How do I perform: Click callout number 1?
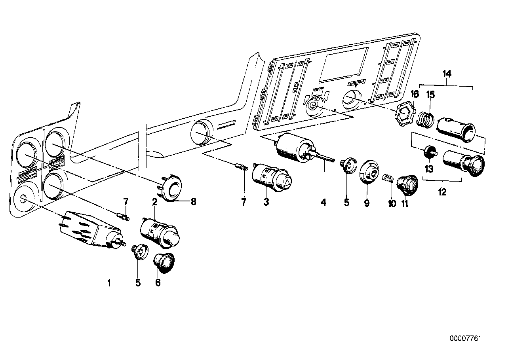(x=108, y=283)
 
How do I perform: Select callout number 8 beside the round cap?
(x=193, y=201)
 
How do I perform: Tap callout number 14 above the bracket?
(x=447, y=74)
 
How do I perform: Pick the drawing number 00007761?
(x=465, y=339)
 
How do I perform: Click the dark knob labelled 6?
(x=164, y=262)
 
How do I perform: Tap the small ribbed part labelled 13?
(x=430, y=152)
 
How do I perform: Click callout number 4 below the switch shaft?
(x=324, y=203)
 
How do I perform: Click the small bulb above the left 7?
(x=122, y=216)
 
